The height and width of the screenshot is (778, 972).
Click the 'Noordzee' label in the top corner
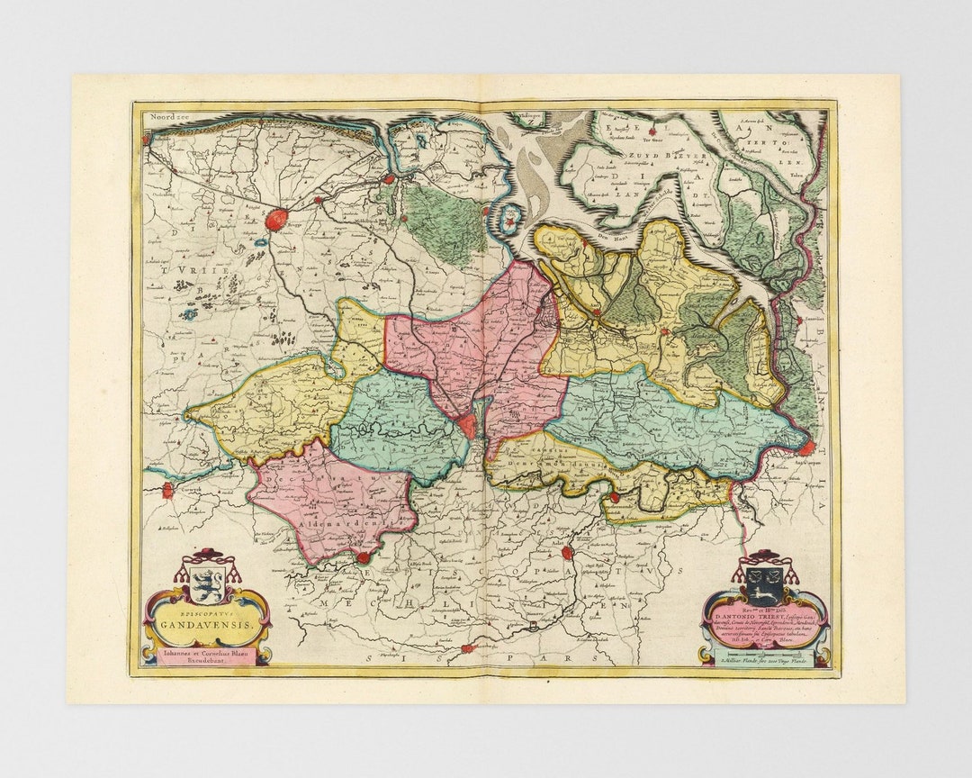click(167, 116)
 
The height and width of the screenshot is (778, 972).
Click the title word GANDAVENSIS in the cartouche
click(208, 621)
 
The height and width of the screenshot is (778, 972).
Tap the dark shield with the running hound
click(765, 586)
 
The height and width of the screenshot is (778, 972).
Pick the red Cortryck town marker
click(167, 490)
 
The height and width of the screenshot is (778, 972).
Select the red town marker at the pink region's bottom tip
click(363, 558)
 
